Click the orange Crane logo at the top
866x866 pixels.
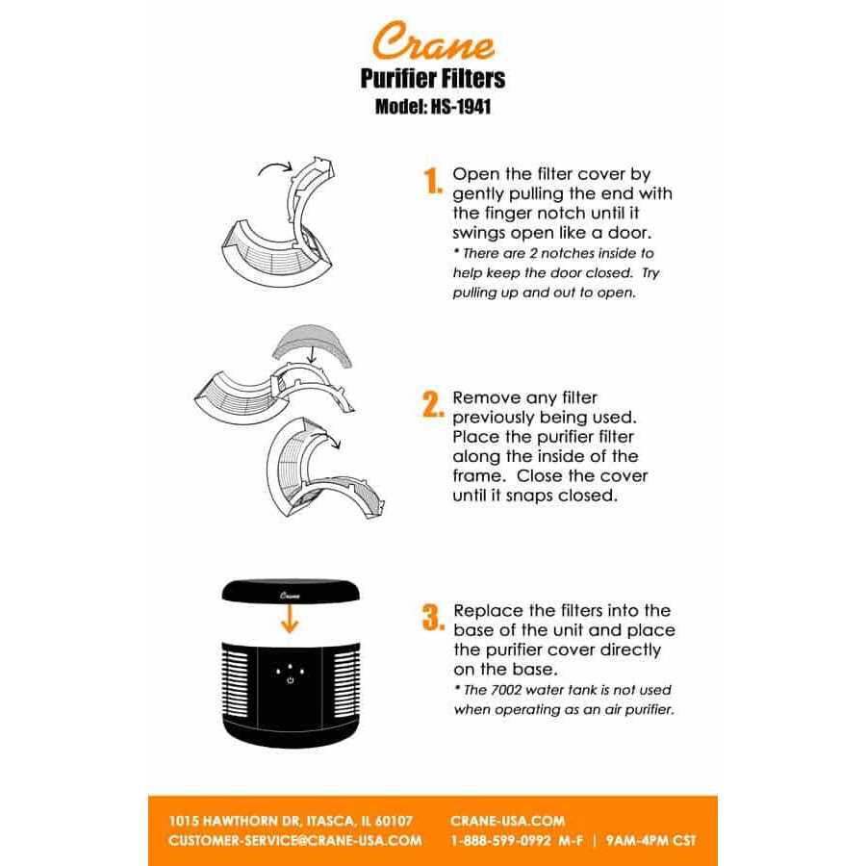pyautogui.click(x=433, y=42)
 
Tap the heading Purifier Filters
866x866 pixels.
pyautogui.click(x=433, y=78)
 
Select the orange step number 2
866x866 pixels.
pyautogui.click(x=432, y=404)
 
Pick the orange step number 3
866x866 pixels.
pyautogui.click(x=432, y=617)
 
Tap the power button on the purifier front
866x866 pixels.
pyautogui.click(x=290, y=681)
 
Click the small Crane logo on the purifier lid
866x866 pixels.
pyautogui.click(x=290, y=596)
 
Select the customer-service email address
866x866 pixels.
pyautogui.click(x=294, y=840)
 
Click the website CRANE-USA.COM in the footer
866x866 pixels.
pyautogui.click(x=507, y=821)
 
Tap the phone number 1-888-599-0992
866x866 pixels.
pyautogui.click(x=500, y=840)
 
